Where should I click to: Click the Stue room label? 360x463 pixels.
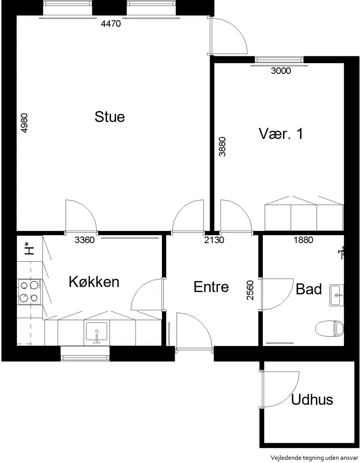coord(109,117)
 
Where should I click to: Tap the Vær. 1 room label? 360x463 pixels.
coord(281,133)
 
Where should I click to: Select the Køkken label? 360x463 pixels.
coord(94,281)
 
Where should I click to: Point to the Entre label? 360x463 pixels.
coord(211,287)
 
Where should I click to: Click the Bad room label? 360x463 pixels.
coord(309,289)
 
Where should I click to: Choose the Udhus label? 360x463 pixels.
coord(312,400)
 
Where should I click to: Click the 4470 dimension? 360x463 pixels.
coord(111,23)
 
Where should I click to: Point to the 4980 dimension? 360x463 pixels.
coord(24,123)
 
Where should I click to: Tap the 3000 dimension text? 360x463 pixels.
coord(281,71)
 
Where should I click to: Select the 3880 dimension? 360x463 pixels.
coord(222,146)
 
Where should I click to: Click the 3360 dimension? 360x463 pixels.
coord(85,240)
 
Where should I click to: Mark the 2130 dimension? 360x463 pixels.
coord(214,240)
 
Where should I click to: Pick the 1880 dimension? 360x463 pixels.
coord(303,240)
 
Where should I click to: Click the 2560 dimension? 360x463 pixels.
coord(250,290)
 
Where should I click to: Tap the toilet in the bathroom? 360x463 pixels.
coord(329,328)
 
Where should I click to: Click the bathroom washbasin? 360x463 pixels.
coord(337,295)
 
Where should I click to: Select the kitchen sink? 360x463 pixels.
coord(96,334)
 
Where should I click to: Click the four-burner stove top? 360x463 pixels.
coord(30,292)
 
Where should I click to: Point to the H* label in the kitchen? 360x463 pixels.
coord(29,249)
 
